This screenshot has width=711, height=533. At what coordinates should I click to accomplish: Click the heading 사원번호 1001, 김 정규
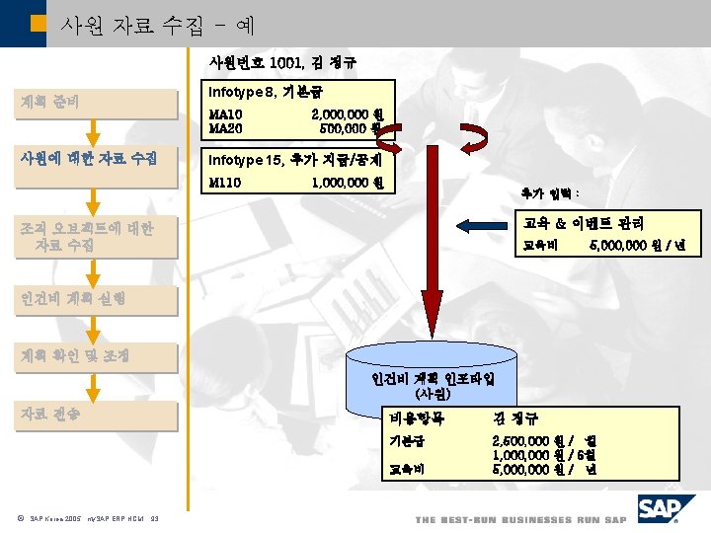click(x=281, y=62)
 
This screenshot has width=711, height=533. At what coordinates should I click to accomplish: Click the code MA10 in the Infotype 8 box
click(x=226, y=114)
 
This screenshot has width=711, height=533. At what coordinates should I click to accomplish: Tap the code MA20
click(x=226, y=127)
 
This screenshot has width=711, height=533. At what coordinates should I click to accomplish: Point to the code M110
click(x=224, y=183)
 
